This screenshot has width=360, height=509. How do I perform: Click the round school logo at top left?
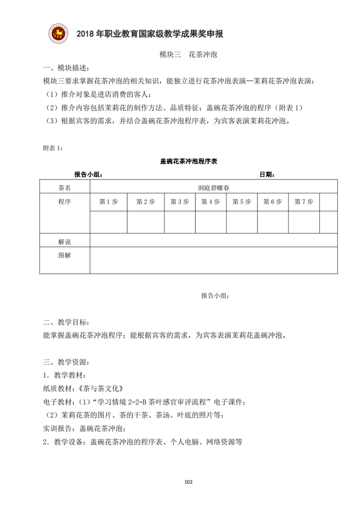point(59,33)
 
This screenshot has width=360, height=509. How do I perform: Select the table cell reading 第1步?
point(108,202)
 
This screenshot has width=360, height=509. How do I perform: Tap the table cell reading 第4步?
point(210,202)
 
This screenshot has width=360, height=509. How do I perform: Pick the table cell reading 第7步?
point(303,202)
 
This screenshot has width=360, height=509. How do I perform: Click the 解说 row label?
point(65,242)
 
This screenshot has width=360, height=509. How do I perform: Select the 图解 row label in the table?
point(65,255)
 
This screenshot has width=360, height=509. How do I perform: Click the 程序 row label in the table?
point(65,202)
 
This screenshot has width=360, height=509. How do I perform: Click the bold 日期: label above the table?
point(267,174)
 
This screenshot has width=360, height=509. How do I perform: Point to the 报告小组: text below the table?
point(215,296)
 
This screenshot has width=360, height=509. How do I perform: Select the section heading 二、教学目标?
point(66,322)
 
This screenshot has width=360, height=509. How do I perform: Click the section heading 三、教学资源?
point(66,361)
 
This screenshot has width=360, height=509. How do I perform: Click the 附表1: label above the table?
point(53,148)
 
